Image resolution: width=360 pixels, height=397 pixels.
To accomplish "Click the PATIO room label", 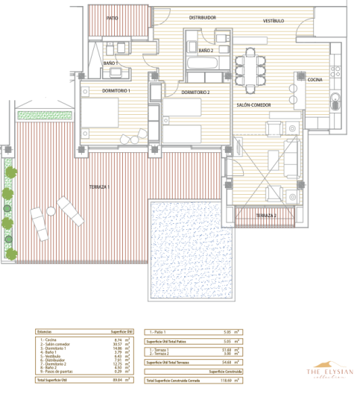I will (x=112, y=17).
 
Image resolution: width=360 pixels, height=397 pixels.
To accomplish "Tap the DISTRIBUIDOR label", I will (x=202, y=17).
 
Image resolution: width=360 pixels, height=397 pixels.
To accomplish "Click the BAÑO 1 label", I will (x=111, y=63).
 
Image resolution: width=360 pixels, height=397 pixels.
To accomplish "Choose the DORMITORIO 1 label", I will (x=116, y=90).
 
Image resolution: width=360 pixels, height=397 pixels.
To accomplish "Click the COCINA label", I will (x=315, y=79).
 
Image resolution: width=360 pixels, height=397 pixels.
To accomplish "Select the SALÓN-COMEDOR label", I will (x=255, y=105).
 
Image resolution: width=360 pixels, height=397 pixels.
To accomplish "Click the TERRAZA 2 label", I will (x=265, y=216).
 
